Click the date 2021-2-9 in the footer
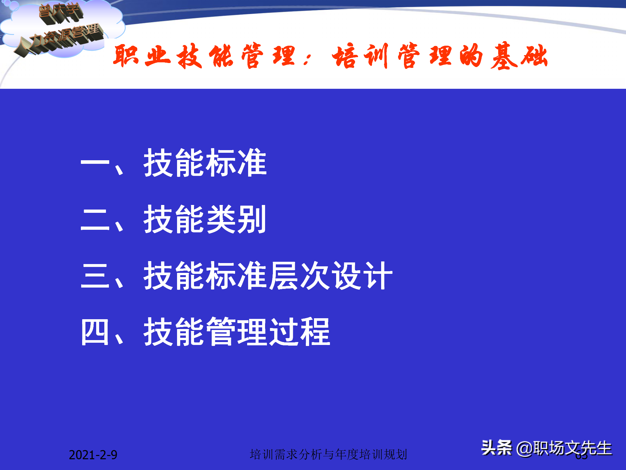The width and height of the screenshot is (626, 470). click(93, 455)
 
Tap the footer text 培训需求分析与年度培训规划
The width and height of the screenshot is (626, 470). click(328, 454)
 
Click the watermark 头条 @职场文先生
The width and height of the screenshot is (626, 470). click(546, 448)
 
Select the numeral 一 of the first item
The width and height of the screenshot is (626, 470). click(95, 163)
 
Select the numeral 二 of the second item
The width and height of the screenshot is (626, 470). click(95, 219)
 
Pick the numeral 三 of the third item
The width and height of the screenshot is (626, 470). click(95, 276)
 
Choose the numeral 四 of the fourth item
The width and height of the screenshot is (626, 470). click(95, 332)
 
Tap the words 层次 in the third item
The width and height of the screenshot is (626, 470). click(299, 276)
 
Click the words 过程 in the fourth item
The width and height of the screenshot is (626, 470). click(299, 332)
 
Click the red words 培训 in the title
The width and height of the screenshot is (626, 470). click(360, 56)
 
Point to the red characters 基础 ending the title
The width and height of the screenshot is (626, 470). click(519, 56)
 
